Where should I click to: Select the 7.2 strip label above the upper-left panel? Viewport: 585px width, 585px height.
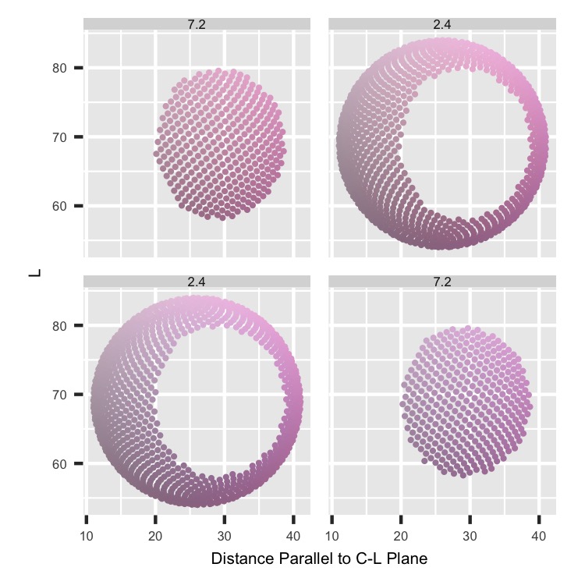pos(197,24)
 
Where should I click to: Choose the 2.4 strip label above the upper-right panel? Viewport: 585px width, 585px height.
pos(442,24)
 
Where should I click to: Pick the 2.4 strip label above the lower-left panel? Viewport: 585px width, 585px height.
pos(197,282)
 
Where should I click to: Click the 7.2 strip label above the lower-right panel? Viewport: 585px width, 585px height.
pos(442,282)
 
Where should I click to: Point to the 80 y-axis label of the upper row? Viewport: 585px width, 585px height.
pos(55,68)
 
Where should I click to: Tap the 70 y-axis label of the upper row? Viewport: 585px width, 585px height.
pos(55,137)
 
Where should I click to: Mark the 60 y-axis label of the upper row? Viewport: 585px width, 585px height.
pos(55,206)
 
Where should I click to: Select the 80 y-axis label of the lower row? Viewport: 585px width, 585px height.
pos(55,325)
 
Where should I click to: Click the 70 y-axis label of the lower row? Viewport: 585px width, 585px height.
pos(55,395)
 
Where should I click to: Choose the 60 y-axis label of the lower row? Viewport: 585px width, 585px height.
pos(55,463)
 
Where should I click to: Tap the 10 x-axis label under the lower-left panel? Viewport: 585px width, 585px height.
pos(86,536)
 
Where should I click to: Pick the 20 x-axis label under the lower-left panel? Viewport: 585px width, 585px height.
pos(155,536)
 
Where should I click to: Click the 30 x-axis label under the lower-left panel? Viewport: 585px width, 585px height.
pos(225,536)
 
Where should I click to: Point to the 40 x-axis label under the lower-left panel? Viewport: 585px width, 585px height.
pos(293,536)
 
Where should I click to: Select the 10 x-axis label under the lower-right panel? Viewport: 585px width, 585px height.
pos(331,536)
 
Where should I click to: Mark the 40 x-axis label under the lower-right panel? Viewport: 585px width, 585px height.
pos(539,536)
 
